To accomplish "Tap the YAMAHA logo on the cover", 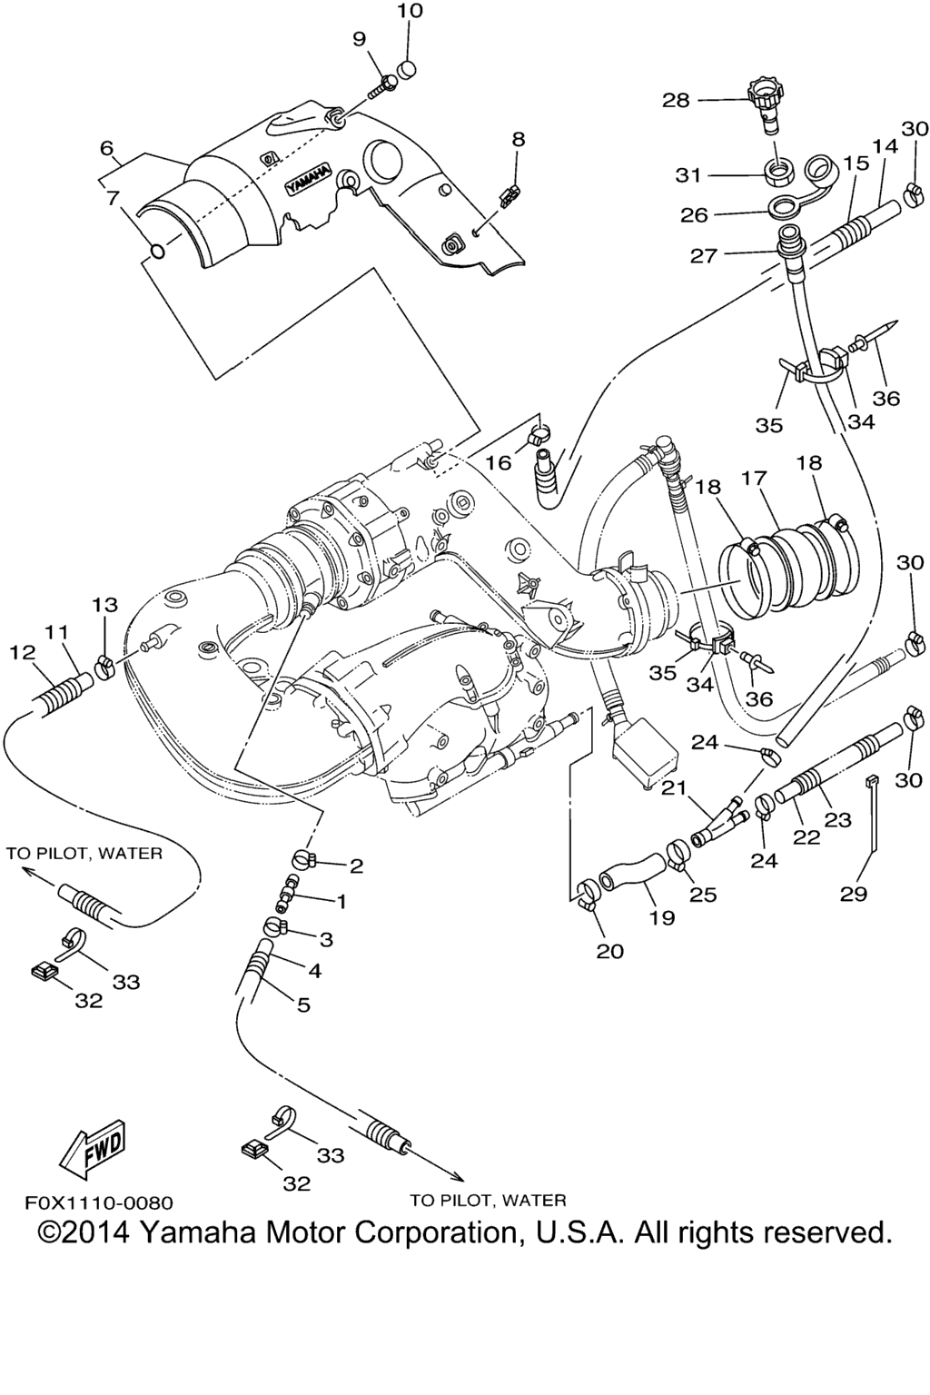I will (x=310, y=181).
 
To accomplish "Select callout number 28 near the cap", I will (x=676, y=100).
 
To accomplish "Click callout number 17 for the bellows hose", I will (x=754, y=478).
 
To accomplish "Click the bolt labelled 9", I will (x=384, y=86).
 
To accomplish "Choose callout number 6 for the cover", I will (x=107, y=147).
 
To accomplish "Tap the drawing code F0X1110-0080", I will (x=98, y=1203).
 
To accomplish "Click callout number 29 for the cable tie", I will (x=854, y=894).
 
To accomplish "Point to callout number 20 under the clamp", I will (x=610, y=951).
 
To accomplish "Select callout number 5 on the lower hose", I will (x=303, y=1004).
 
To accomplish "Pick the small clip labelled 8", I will (x=510, y=193).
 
